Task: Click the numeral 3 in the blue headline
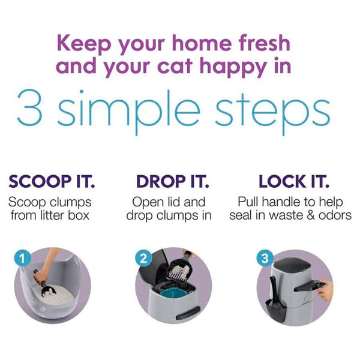coord(29,107)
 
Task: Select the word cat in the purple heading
coord(175,66)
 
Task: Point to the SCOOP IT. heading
coord(52,181)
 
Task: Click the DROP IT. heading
coord(173,181)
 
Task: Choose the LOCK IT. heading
coord(294,181)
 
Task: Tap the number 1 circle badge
coord(22,259)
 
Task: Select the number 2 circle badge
coord(143,258)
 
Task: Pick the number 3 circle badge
coord(265,258)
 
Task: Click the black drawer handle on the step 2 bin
coord(188,313)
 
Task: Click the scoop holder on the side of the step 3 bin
coord(275,308)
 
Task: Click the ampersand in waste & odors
coord(311,215)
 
